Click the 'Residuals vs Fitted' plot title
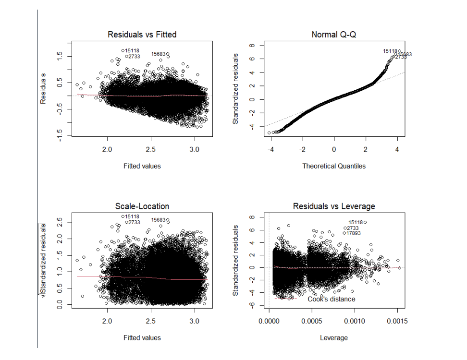click(x=142, y=35)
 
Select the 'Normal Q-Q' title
click(x=333, y=35)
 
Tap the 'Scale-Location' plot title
click(x=142, y=206)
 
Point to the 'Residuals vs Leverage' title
click(x=333, y=206)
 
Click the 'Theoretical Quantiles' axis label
click(x=333, y=166)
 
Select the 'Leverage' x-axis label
click(x=333, y=338)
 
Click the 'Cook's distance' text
click(x=332, y=300)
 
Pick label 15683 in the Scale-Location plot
click(x=159, y=220)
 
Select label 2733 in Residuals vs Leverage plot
click(x=353, y=228)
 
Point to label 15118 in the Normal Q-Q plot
click(x=390, y=51)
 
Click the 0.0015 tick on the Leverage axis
click(x=397, y=321)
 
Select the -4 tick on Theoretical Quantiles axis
click(x=271, y=149)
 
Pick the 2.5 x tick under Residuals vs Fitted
click(x=151, y=149)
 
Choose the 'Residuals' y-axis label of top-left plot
click(x=43, y=88)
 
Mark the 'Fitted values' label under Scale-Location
click(x=142, y=338)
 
